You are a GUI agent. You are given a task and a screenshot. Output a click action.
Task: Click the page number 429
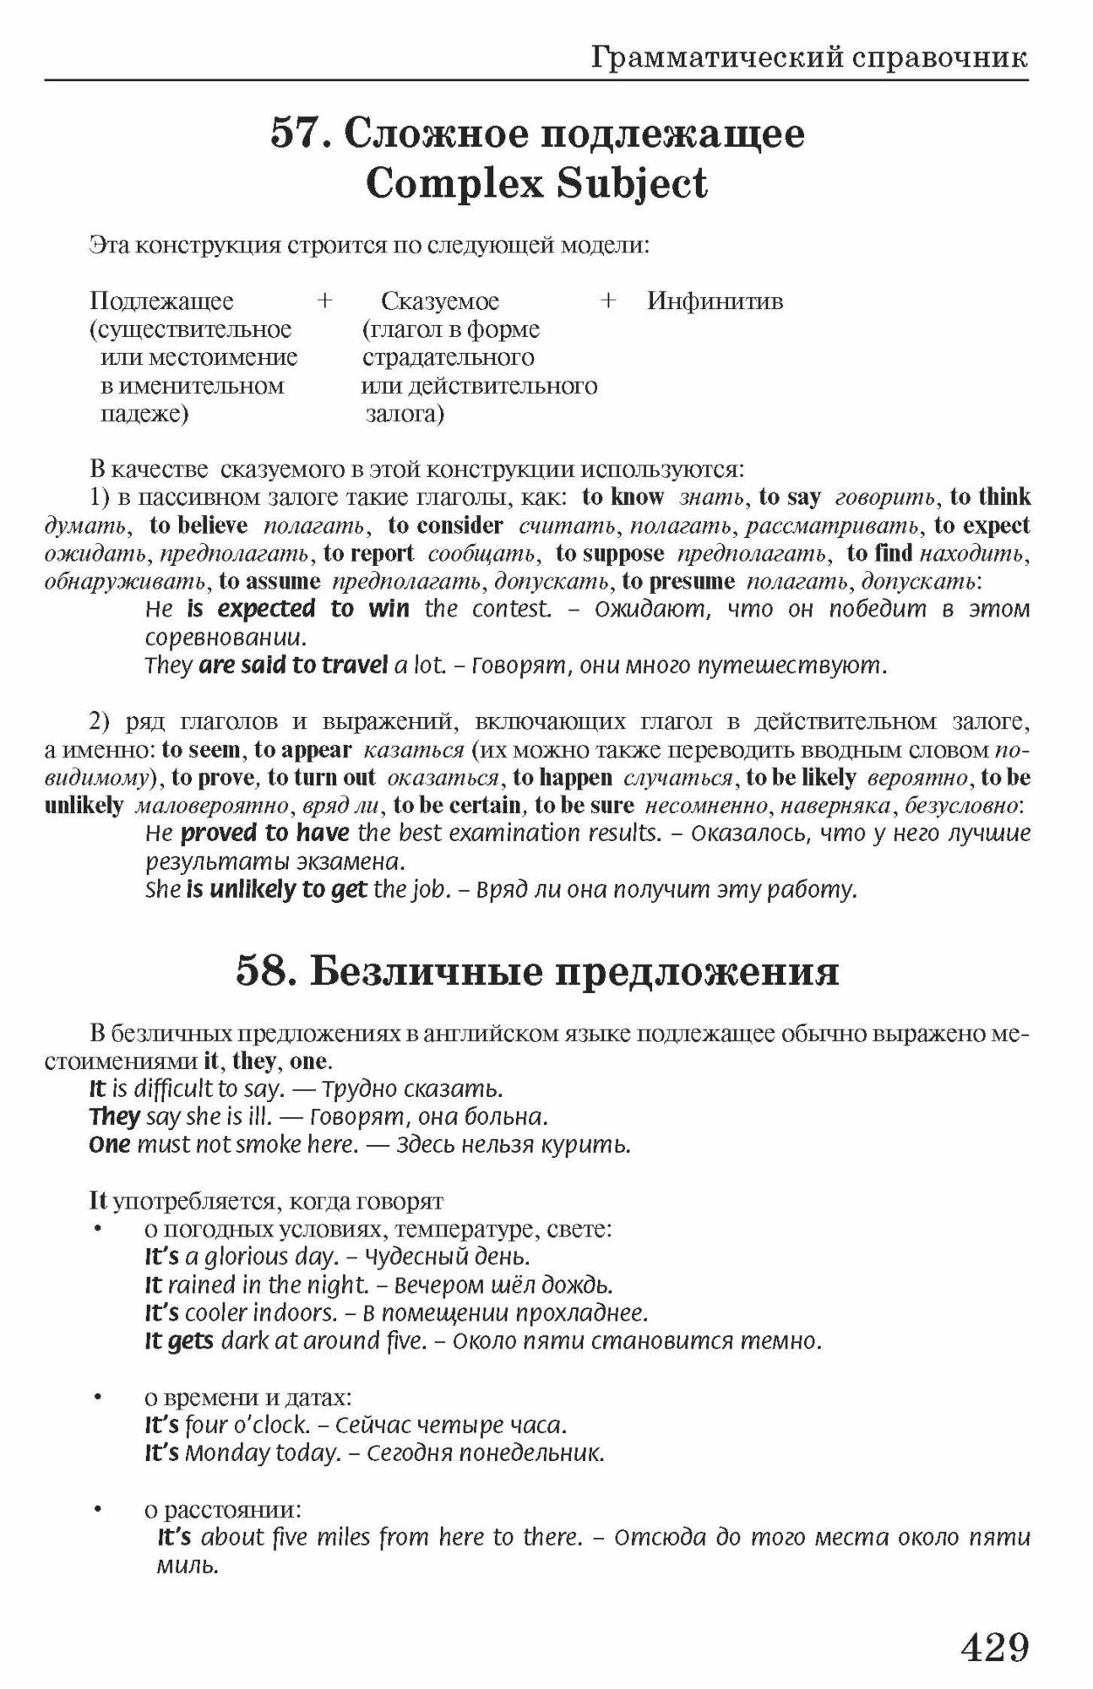point(995,1646)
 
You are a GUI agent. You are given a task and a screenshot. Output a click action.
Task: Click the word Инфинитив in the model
point(715,301)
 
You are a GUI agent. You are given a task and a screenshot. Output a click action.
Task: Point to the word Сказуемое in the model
point(440,301)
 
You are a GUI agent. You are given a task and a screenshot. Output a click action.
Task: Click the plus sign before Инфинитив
point(607,301)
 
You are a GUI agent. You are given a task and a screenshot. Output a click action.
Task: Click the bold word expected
point(266,609)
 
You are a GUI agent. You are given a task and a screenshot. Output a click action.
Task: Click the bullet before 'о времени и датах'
point(99,1398)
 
